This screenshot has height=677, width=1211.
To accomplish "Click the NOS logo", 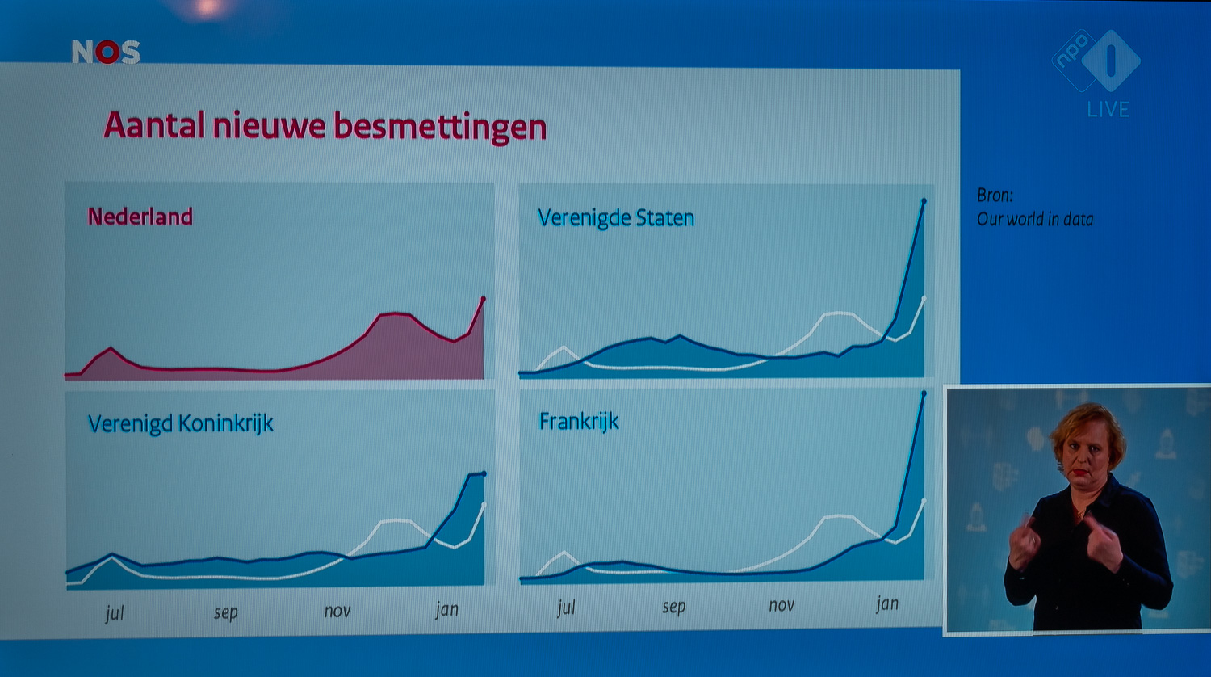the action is (x=106, y=53).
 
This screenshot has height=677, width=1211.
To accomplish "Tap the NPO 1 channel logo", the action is (x=1096, y=61).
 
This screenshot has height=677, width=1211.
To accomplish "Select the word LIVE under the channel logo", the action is (x=1108, y=110).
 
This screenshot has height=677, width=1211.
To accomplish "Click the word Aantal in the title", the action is (x=154, y=125).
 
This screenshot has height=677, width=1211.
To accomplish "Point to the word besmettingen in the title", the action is (x=439, y=128).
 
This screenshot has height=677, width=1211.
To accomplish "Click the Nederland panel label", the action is (x=140, y=217).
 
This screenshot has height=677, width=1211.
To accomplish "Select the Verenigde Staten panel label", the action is (x=616, y=218).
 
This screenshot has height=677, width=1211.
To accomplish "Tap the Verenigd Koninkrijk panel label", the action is (x=181, y=423).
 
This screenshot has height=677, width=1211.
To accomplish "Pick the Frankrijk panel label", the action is (x=579, y=422).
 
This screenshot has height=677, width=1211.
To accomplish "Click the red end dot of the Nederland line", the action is (x=484, y=299).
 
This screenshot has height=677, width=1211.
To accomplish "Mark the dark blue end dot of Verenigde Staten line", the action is (x=924, y=201).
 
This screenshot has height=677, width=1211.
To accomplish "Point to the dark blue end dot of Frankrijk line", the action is (x=924, y=393).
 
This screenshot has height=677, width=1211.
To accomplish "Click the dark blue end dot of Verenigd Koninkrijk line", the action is (x=484, y=474).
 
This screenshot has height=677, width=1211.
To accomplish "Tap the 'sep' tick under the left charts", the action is (x=225, y=612).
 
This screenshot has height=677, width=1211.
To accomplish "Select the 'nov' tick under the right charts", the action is (x=781, y=605).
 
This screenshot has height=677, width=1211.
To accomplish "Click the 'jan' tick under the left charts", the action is (x=446, y=610).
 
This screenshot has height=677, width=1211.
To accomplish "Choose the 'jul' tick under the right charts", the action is (x=566, y=608).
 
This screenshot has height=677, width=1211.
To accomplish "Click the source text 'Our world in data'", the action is (x=1035, y=219).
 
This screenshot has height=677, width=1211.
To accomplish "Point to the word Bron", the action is (x=995, y=196).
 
